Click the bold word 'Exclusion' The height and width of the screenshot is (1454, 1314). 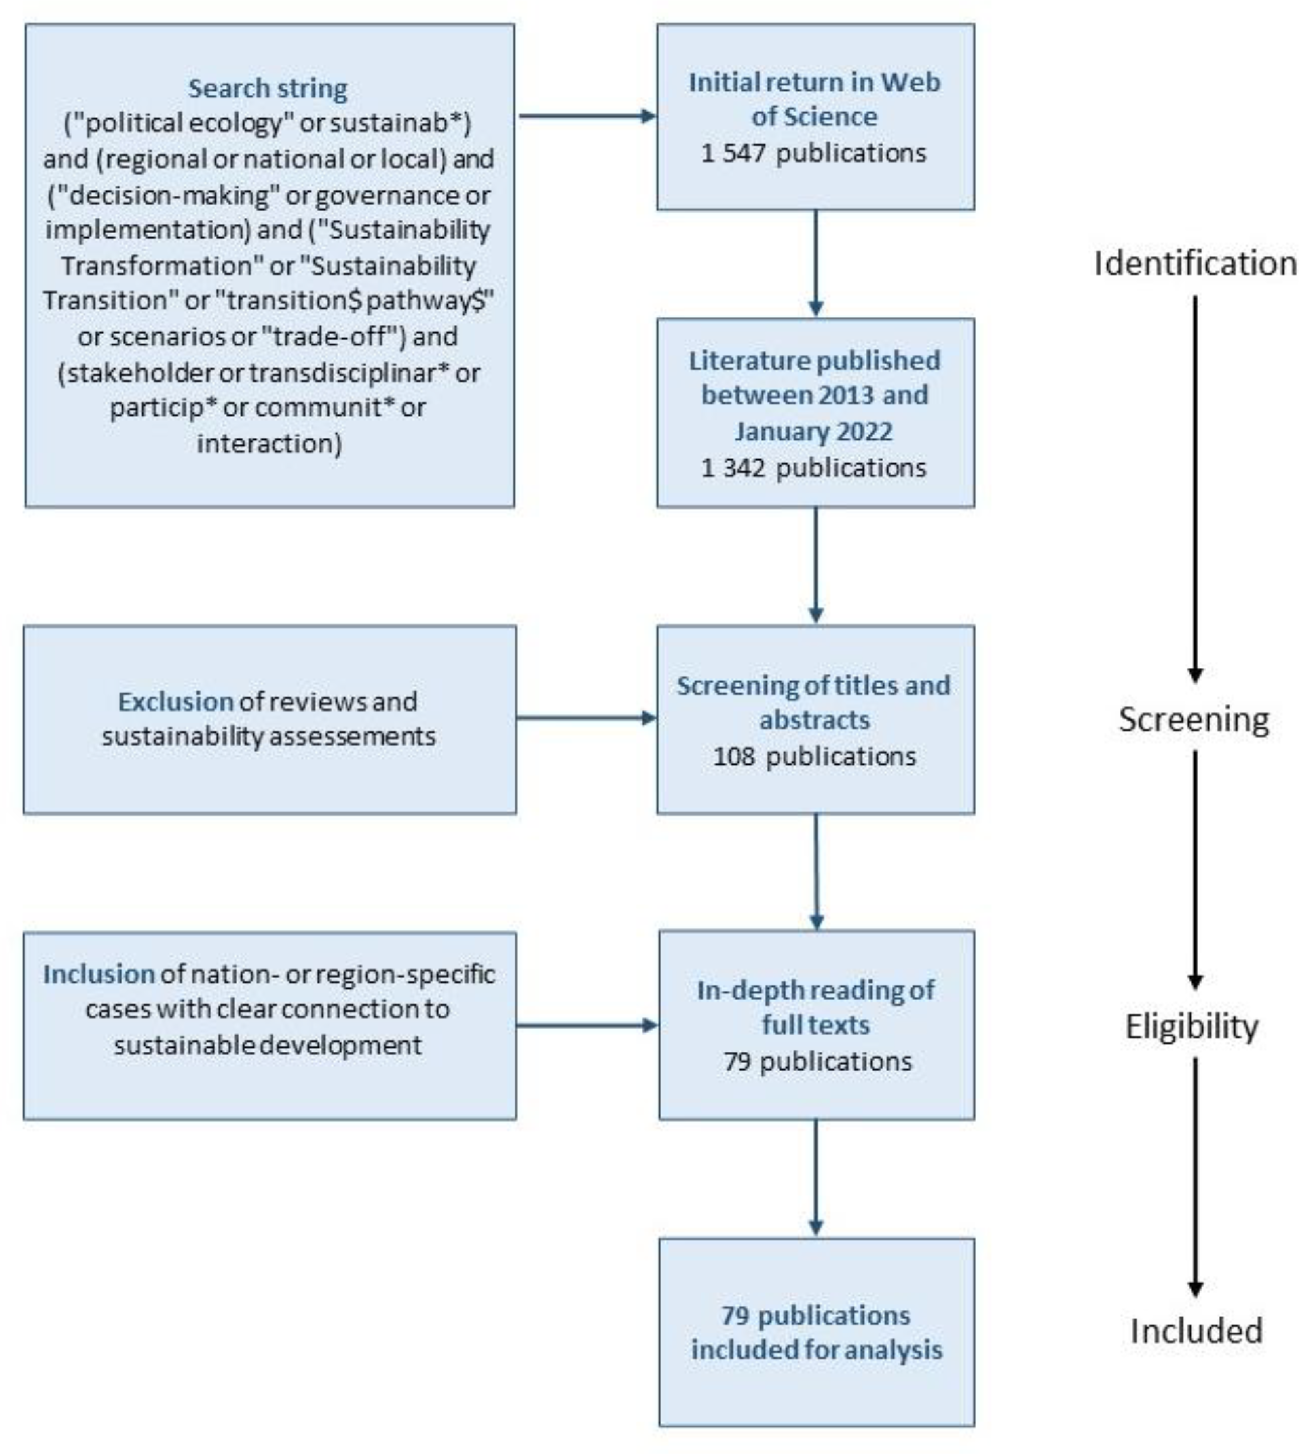point(175,701)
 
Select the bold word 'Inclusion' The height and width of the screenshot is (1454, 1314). point(99,974)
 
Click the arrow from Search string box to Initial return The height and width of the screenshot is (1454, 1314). point(586,116)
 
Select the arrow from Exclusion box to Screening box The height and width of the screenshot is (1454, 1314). point(586,718)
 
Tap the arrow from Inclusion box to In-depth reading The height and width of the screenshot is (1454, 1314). point(586,1025)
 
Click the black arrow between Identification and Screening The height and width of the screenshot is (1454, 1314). point(1195,490)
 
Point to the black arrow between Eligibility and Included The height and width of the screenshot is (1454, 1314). point(1195,1176)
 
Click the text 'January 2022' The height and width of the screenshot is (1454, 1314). point(813,431)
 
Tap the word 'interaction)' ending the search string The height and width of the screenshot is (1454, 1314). point(269,443)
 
